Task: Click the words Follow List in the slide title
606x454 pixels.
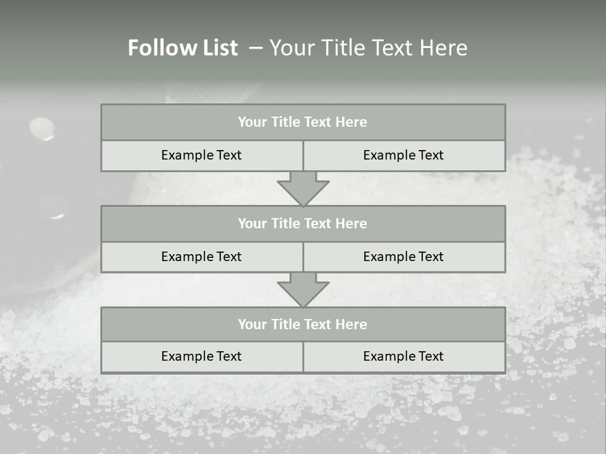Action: point(182,48)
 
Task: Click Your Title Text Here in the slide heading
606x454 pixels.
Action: point(369,48)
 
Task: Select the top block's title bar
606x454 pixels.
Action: point(303,122)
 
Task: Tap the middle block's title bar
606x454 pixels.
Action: point(303,223)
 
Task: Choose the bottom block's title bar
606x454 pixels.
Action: point(303,324)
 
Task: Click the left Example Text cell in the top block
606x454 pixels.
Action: point(201,155)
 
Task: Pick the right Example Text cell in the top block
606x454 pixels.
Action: point(403,155)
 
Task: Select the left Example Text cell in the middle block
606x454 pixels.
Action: point(201,257)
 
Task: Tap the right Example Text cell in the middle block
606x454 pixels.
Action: point(403,257)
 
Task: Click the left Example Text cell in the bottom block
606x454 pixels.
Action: point(201,356)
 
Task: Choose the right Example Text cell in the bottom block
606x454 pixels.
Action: point(403,356)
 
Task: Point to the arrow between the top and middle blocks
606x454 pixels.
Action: point(303,189)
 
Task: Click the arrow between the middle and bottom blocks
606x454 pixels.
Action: point(303,289)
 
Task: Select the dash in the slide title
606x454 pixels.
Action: point(256,48)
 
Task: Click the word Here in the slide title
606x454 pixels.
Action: point(445,48)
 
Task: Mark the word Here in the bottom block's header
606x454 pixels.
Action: point(352,324)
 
